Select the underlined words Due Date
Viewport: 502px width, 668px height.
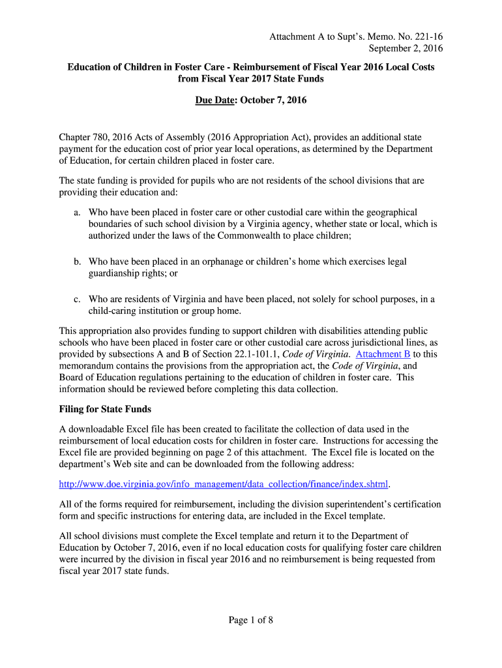pos(215,100)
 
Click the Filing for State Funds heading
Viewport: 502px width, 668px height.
pos(105,409)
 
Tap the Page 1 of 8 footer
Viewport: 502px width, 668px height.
pos(250,620)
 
